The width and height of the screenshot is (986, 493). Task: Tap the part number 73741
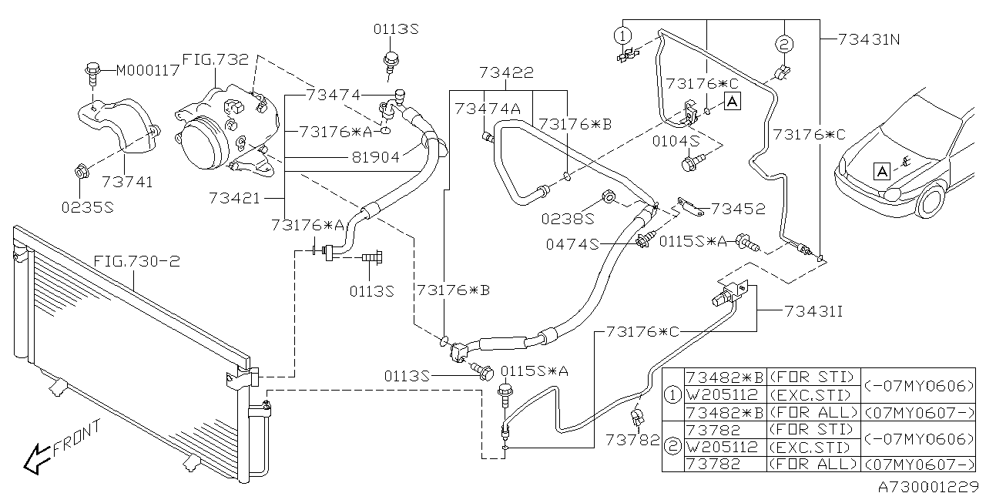(x=127, y=182)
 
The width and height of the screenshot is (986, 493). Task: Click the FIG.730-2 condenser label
(x=136, y=262)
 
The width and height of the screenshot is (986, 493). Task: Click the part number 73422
(x=506, y=73)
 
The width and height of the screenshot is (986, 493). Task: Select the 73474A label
(x=487, y=109)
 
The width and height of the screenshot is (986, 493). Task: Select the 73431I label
(x=813, y=312)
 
